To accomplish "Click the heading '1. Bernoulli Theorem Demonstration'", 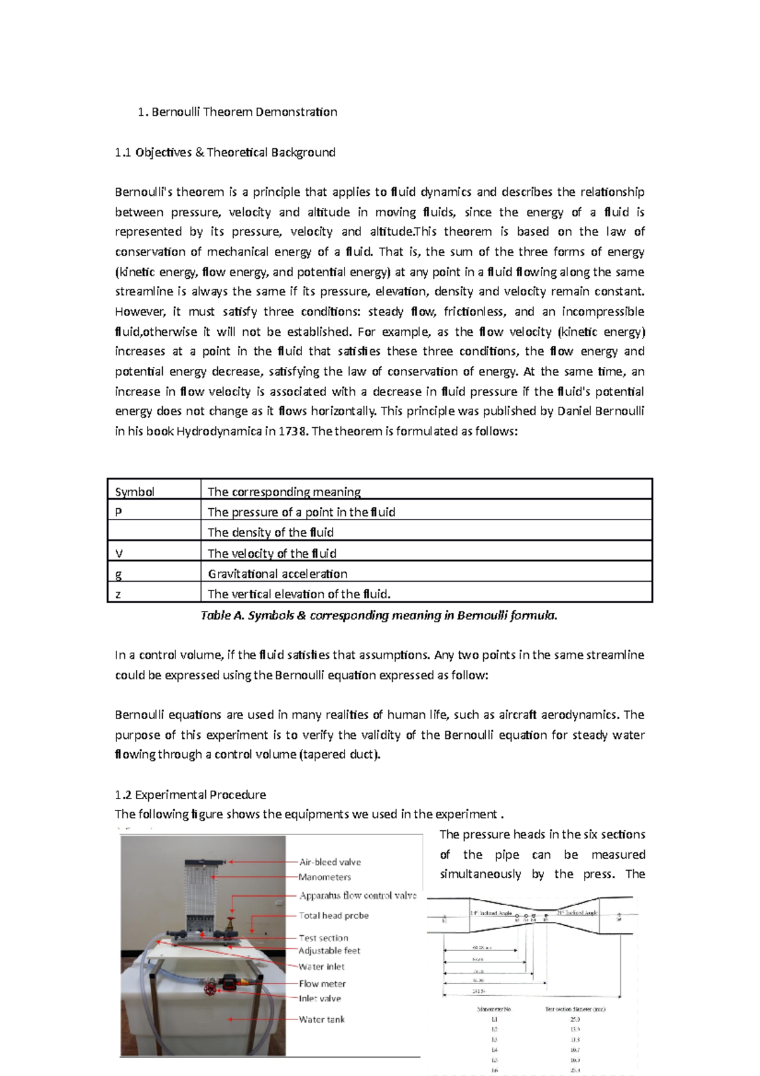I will (x=237, y=112).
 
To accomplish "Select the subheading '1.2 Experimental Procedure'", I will (x=190, y=795).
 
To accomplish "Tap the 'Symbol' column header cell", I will (x=134, y=492).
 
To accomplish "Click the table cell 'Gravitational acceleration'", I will (x=277, y=574).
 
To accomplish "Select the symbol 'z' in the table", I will (x=118, y=594).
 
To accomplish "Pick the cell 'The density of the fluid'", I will (x=270, y=532).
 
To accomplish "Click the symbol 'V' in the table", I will (x=119, y=553).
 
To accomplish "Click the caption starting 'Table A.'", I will (x=379, y=615).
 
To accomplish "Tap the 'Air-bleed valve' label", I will (x=330, y=862).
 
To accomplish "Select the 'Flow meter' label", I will (x=322, y=983).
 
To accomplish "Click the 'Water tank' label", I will (x=322, y=1019).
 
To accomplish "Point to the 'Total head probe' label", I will (x=334, y=915).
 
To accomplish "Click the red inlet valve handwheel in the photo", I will (x=209, y=990).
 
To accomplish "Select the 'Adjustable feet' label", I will (x=329, y=951).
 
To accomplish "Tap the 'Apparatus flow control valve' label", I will (x=358, y=895).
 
